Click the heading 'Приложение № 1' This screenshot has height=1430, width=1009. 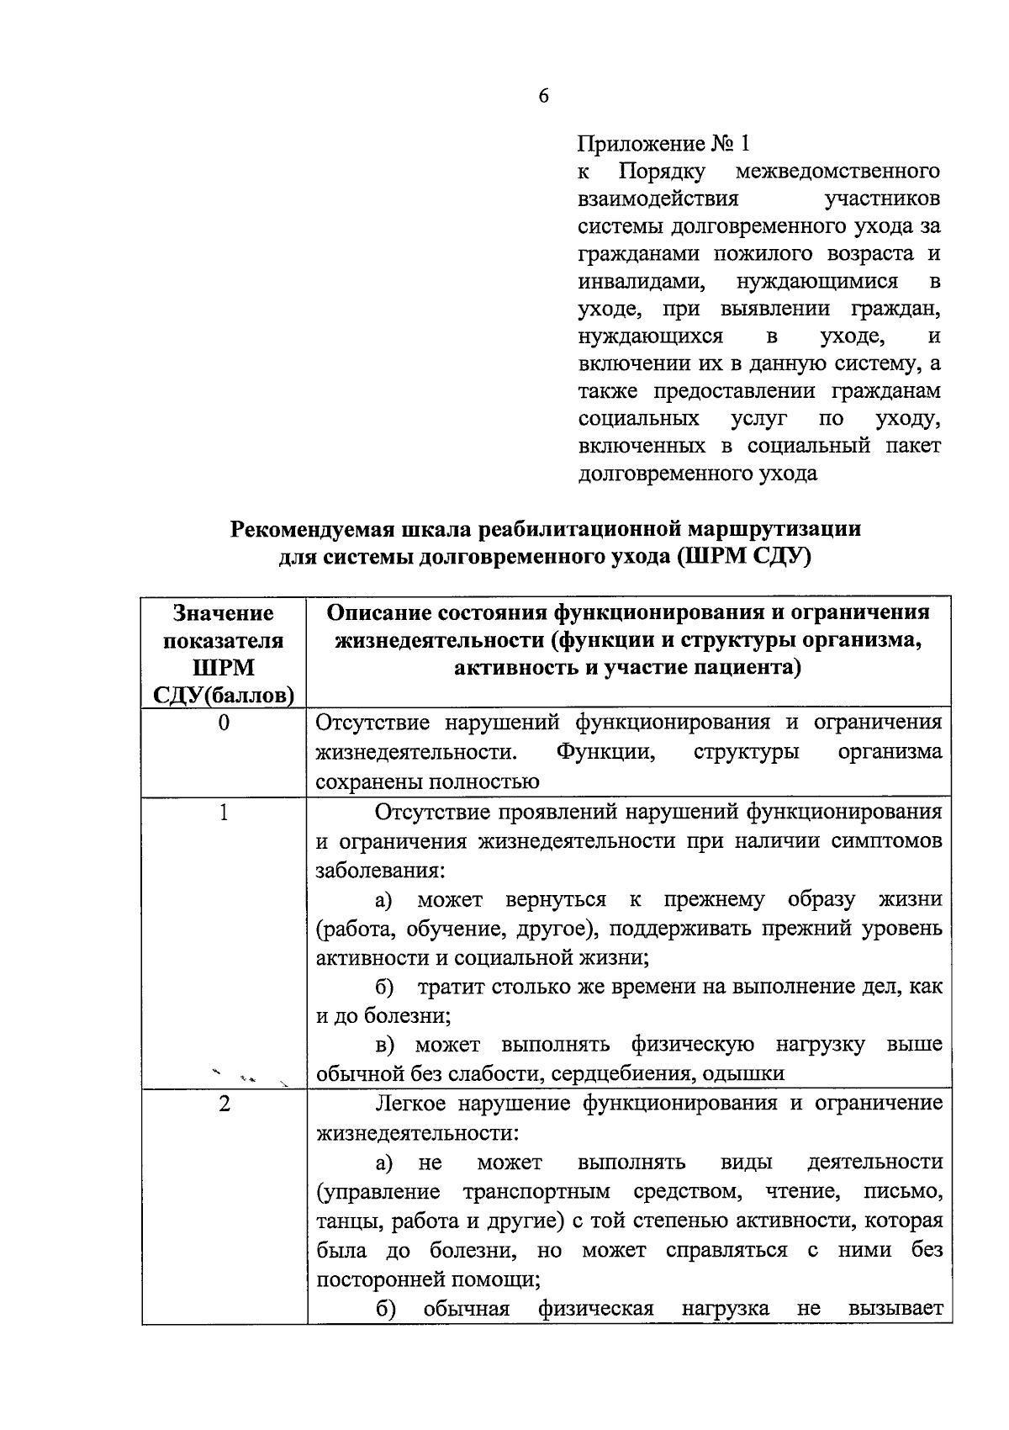(x=663, y=143)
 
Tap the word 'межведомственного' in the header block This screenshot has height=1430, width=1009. (x=837, y=172)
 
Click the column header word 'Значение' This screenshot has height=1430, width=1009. (x=224, y=613)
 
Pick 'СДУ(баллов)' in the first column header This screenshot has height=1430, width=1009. (x=224, y=696)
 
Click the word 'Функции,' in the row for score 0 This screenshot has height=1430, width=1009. (x=605, y=751)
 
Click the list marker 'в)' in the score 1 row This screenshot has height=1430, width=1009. (x=385, y=1045)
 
